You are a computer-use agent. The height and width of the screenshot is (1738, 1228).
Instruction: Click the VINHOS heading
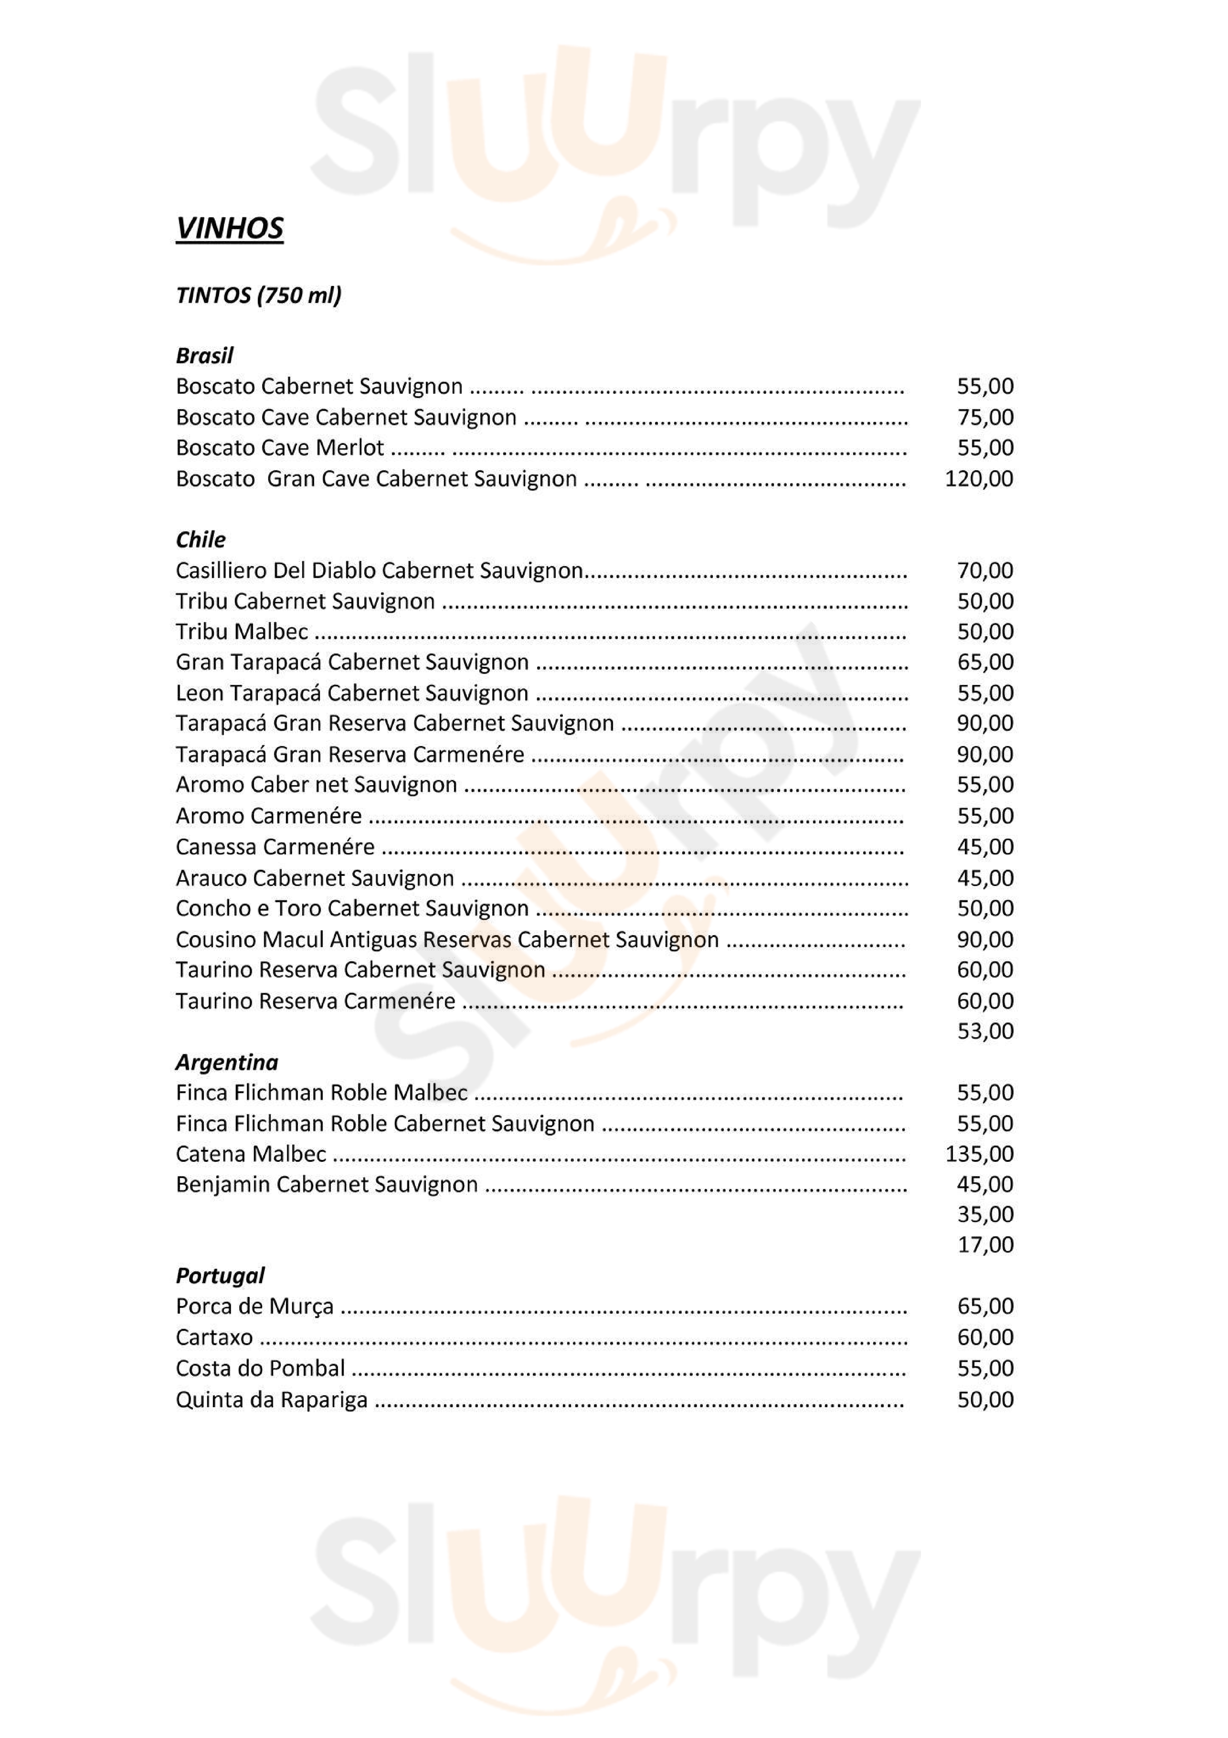click(229, 228)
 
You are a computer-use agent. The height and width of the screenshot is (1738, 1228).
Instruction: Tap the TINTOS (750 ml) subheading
click(258, 295)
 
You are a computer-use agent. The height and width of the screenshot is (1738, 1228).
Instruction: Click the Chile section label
click(201, 540)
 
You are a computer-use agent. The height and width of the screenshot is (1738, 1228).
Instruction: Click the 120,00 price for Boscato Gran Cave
click(979, 478)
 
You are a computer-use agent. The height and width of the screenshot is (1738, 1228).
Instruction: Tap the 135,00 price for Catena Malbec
click(979, 1154)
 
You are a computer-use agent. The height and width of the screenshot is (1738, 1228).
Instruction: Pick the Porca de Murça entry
click(255, 1307)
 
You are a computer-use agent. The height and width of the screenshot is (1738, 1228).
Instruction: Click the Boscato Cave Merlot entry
click(280, 447)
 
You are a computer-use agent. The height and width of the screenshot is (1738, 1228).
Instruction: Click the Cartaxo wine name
click(214, 1337)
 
